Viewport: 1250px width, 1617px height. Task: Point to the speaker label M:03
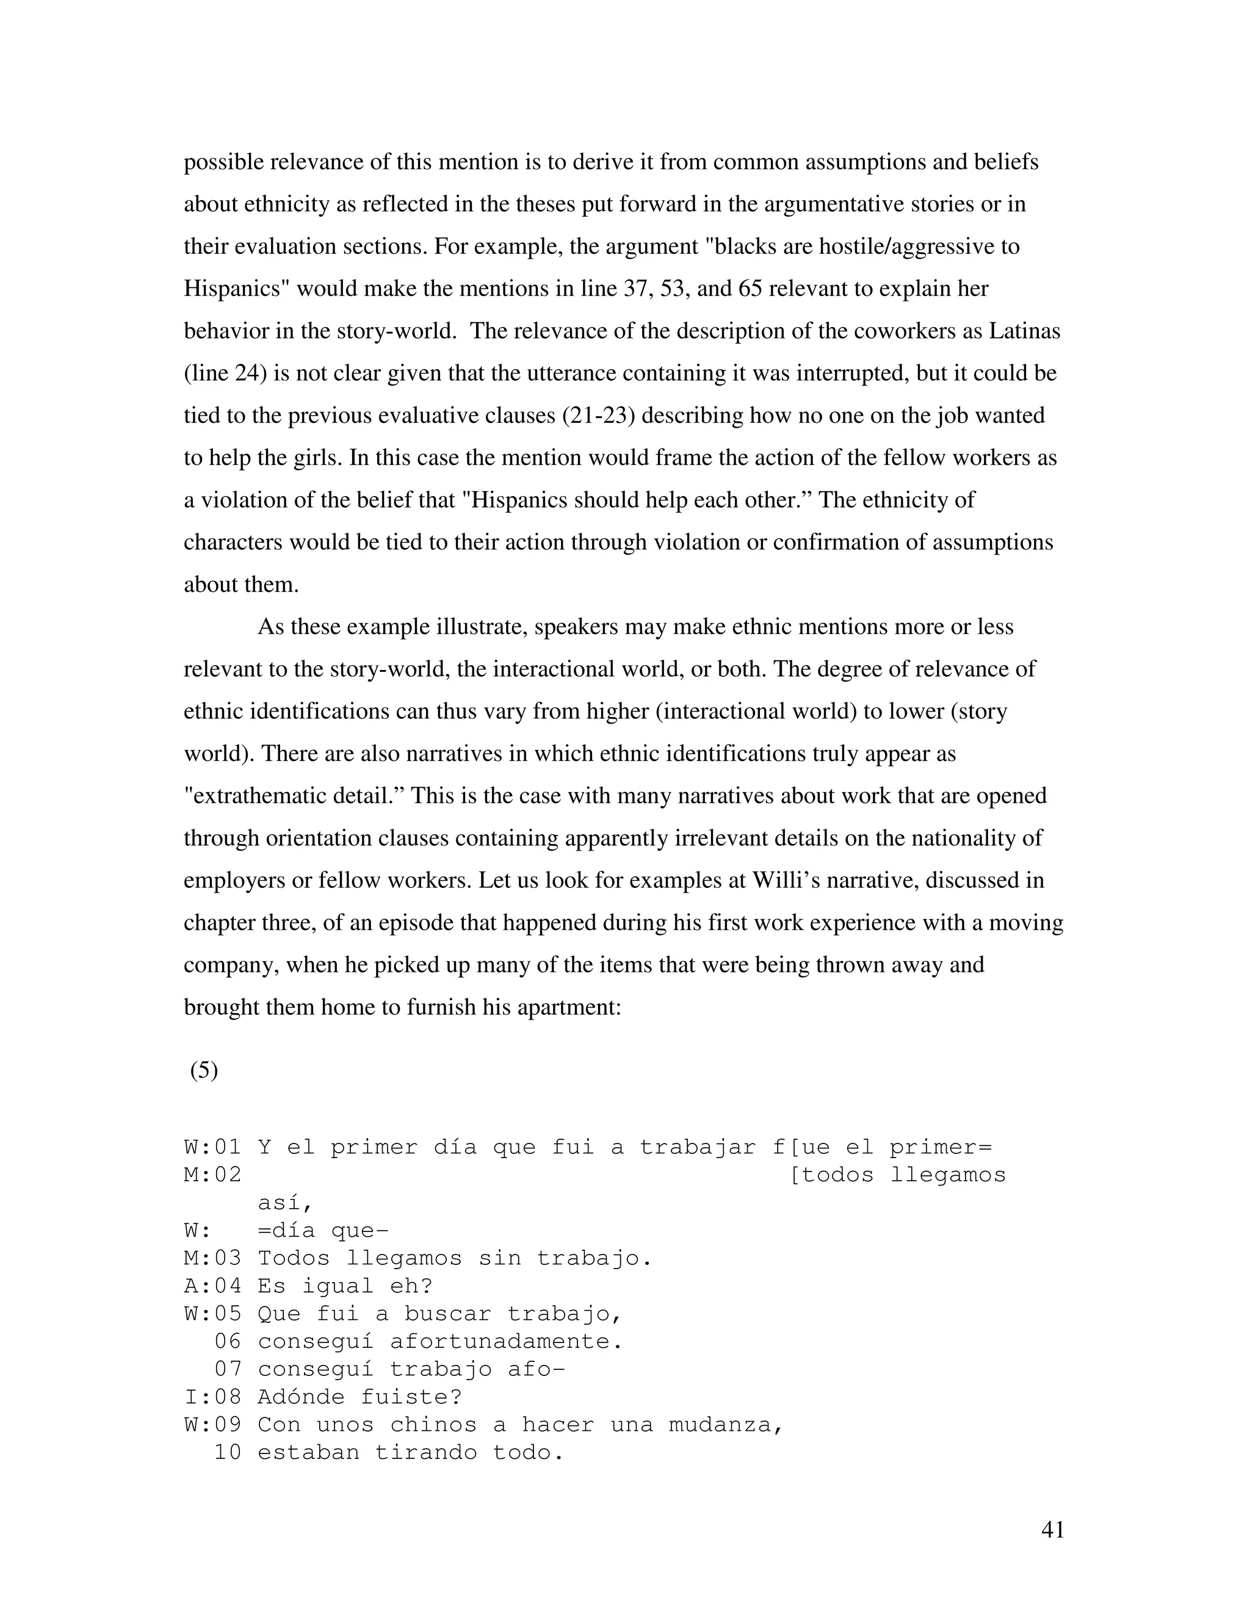(x=212, y=1258)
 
